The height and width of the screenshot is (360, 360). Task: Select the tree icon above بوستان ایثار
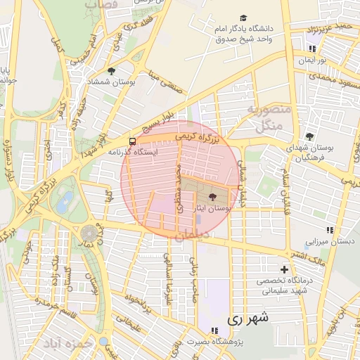point(213,198)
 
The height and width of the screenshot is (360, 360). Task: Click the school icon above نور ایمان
point(312,49)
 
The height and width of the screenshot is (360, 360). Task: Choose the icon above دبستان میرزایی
point(329,230)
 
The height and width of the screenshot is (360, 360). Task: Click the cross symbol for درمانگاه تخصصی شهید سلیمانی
point(284,269)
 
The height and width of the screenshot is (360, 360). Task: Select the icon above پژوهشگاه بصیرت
point(214,330)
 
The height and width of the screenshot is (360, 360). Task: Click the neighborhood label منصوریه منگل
point(264,117)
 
